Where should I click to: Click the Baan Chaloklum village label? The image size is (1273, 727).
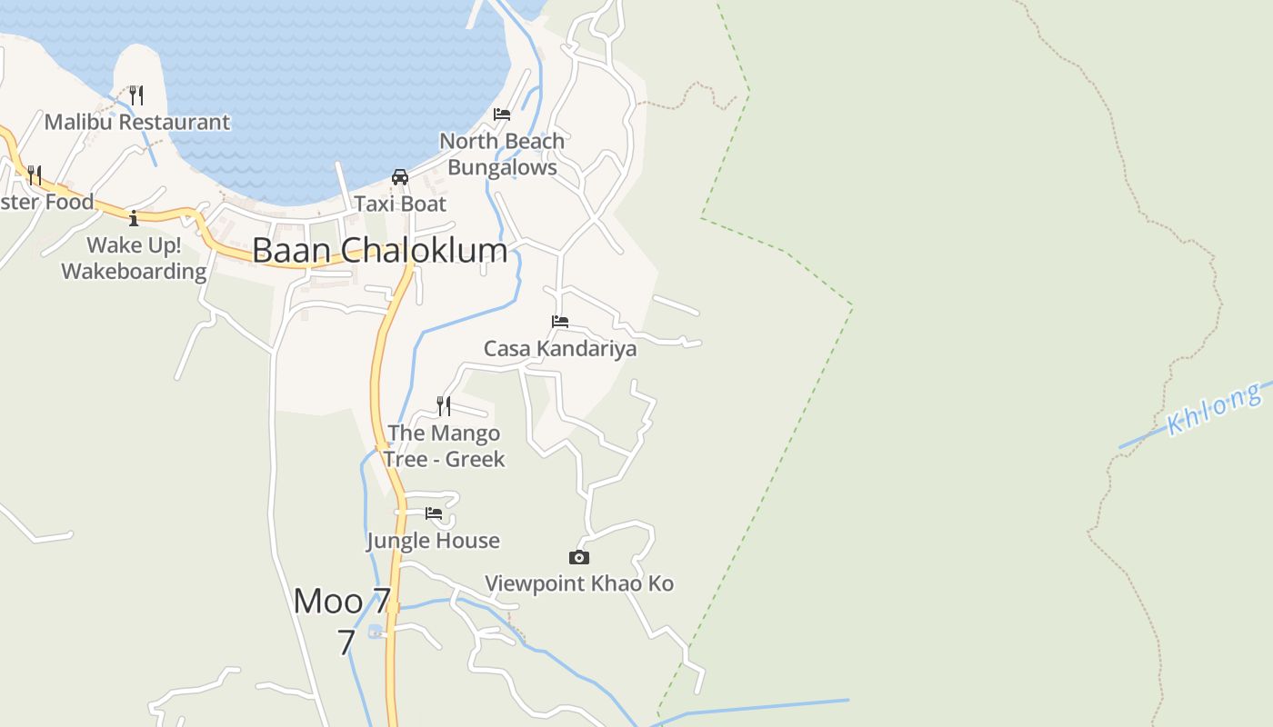(380, 251)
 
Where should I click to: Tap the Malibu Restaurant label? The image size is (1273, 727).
(137, 122)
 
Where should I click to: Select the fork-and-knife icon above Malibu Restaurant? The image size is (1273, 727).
(135, 95)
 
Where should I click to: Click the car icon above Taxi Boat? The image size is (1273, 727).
(399, 176)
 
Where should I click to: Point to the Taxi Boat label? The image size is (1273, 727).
(400, 204)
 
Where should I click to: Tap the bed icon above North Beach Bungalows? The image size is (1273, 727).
(501, 115)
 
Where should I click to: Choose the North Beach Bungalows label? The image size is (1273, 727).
(502, 154)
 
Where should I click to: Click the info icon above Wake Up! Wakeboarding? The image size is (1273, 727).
(134, 218)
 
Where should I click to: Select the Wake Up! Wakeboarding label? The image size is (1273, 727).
(134, 258)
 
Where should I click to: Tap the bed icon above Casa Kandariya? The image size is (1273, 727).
(560, 322)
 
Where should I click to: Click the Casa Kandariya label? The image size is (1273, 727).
(560, 349)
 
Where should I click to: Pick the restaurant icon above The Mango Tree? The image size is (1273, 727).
(444, 405)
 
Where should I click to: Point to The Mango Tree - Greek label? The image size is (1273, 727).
(444, 446)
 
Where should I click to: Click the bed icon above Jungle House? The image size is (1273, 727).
(434, 513)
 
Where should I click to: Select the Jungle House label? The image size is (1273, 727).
(433, 541)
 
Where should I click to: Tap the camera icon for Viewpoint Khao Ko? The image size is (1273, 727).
(579, 557)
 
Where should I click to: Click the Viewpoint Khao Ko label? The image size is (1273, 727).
(579, 583)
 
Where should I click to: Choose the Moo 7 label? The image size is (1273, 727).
(343, 601)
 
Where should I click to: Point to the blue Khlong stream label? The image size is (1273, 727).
(1215, 410)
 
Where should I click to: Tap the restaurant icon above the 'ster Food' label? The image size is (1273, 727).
(34, 174)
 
